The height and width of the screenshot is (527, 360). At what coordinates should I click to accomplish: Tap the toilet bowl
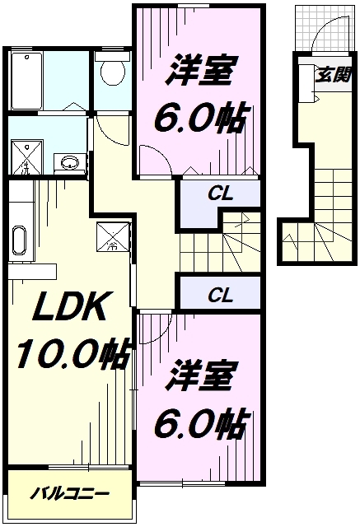(109, 72)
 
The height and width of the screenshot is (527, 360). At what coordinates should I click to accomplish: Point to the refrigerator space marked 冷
(110, 236)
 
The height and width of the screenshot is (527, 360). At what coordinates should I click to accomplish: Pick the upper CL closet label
(218, 195)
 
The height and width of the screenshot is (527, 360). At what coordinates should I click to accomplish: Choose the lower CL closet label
(218, 293)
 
